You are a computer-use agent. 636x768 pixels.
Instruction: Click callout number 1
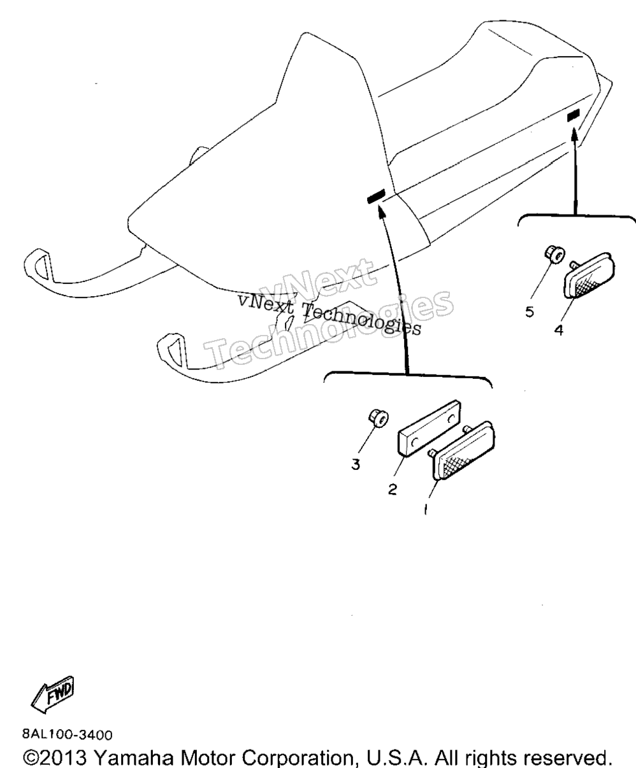point(425,509)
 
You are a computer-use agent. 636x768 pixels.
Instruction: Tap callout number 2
point(393,489)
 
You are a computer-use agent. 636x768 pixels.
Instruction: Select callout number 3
point(356,465)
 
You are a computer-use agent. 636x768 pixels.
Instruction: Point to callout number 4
point(559,330)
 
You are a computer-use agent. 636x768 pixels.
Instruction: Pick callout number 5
point(530,312)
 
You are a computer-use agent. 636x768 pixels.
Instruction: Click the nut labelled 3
point(378,418)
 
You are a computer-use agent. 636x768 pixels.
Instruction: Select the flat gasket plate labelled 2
point(429,429)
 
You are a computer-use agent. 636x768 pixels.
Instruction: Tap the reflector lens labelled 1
point(463,451)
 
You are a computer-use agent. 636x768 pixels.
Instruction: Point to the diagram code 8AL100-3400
point(68,735)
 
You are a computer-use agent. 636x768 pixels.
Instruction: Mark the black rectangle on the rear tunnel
point(573,115)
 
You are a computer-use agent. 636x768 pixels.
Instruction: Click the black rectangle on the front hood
point(376,196)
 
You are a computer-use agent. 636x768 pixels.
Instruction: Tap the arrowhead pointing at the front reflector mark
point(381,213)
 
